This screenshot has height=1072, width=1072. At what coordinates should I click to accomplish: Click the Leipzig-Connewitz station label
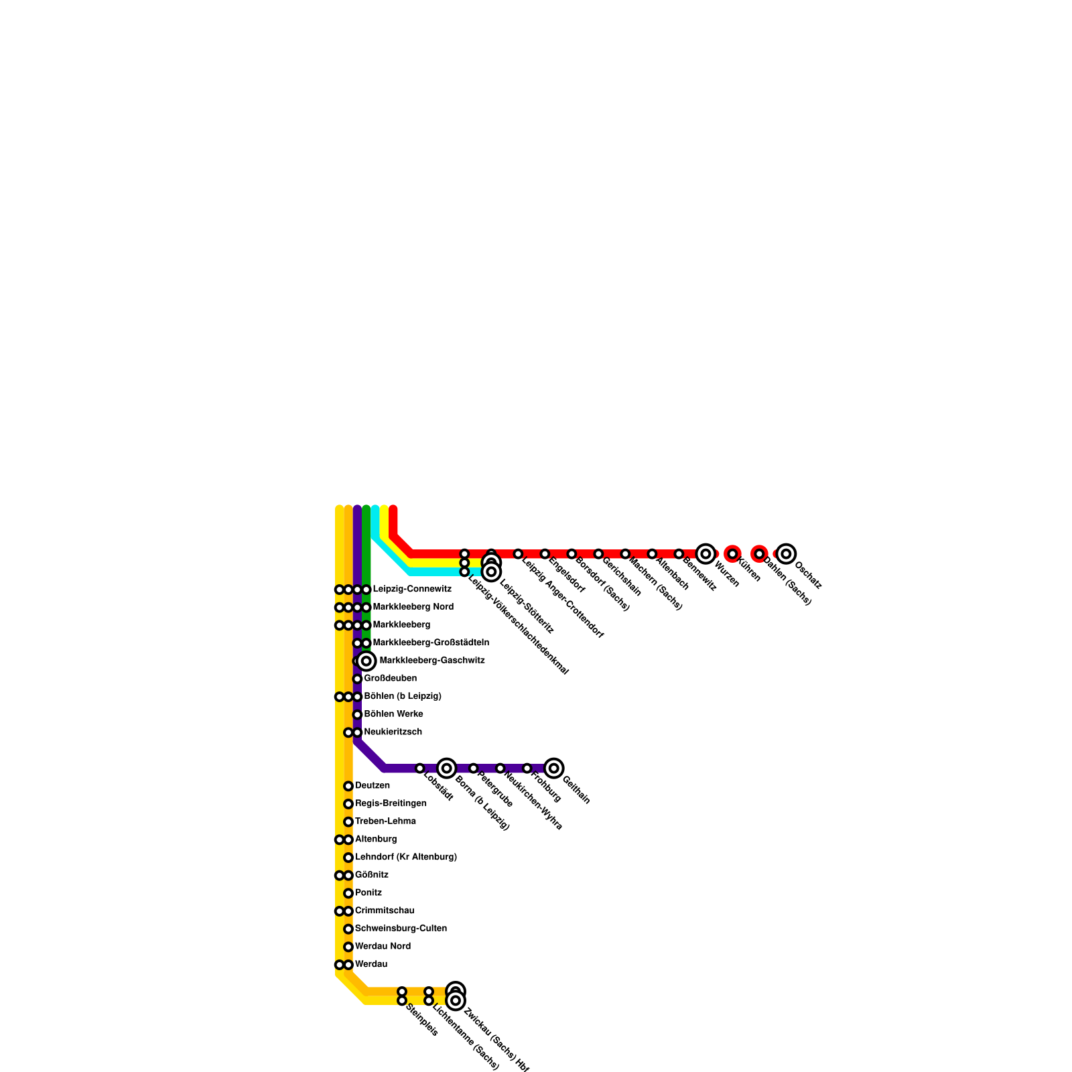411,590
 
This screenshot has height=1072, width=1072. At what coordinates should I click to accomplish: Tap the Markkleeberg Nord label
413,607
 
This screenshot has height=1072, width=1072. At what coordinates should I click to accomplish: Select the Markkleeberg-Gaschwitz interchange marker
366,661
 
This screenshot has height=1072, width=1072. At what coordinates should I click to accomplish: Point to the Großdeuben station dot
357,679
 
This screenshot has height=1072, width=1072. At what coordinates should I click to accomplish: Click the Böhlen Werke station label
393,714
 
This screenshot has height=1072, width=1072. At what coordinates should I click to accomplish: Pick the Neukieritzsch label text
393,732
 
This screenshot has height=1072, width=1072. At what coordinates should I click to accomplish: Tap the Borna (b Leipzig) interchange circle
446,768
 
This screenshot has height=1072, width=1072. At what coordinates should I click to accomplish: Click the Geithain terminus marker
553,768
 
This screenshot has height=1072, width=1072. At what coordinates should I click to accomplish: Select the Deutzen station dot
348,786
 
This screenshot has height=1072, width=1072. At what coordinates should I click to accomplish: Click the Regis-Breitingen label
391,803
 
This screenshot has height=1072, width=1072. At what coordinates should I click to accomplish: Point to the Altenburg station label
376,840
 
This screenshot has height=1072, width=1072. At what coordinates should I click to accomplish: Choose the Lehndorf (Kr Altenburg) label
405,857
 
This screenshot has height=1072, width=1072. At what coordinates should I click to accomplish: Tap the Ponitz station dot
348,893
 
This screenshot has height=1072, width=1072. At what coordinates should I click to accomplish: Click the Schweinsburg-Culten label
401,929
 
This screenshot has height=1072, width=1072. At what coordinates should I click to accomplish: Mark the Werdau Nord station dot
348,947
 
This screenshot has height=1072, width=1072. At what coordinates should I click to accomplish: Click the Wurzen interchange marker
705,554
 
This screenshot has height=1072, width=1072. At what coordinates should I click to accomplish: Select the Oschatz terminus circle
786,554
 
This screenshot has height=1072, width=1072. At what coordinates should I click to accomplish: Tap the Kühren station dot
732,554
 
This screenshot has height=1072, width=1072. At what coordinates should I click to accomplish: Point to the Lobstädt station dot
419,768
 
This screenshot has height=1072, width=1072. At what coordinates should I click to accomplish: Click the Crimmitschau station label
384,911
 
